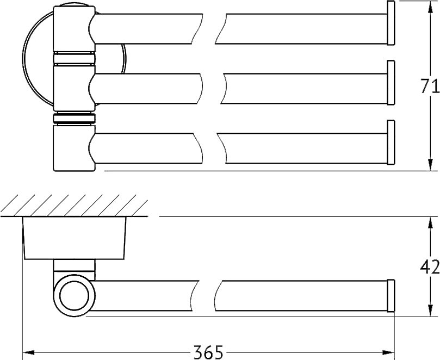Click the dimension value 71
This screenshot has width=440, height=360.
click(x=429, y=86)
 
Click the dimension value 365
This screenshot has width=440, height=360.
click(x=208, y=352)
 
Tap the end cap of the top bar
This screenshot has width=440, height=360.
click(x=391, y=23)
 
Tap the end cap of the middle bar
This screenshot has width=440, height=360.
click(x=391, y=83)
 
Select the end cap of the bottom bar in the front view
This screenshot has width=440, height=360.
click(x=391, y=142)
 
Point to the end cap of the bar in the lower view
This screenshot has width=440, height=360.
click(x=391, y=296)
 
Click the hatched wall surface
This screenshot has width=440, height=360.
click(x=74, y=206)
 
